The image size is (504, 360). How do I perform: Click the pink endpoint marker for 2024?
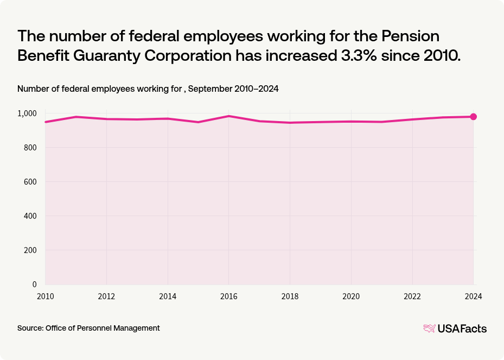point(473,117)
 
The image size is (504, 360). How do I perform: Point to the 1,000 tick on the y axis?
point(27,113)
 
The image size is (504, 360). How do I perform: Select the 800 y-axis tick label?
point(30,148)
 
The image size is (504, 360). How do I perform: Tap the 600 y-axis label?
point(30,182)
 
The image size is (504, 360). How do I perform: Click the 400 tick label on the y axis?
point(30,216)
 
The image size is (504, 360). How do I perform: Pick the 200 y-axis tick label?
point(30,250)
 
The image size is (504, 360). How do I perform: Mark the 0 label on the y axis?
point(34,285)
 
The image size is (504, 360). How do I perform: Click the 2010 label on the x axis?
point(45,296)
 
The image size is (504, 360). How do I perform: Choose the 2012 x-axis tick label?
point(106,296)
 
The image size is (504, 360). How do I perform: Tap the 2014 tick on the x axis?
point(168,296)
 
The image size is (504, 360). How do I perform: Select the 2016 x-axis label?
point(229,296)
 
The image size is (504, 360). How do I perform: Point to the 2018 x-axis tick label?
point(290,296)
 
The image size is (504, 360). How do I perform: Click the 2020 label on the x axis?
point(351,296)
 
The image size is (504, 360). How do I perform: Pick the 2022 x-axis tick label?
point(412,296)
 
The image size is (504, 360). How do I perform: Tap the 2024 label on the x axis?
point(473,296)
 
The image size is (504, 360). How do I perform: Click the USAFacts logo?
point(455,329)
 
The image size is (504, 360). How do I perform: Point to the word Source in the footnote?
point(30,328)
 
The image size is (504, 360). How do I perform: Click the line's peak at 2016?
point(229,116)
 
